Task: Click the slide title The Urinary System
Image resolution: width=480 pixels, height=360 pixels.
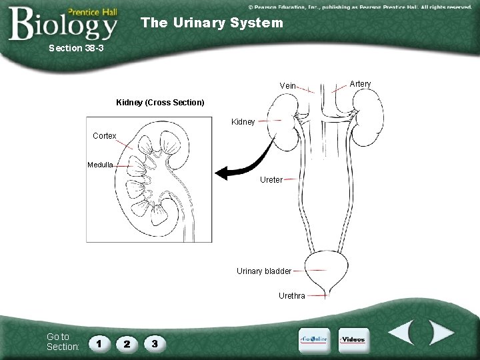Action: pos(212,23)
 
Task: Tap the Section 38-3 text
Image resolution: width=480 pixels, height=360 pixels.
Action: pos(76,48)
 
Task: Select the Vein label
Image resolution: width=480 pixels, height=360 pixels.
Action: pos(287,86)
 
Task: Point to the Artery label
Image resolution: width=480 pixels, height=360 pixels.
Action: pos(360,83)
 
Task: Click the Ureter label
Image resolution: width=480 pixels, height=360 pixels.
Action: pos(271,179)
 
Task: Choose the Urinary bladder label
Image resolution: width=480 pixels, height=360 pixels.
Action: pos(264,271)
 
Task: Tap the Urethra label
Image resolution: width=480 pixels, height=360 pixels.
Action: pos(292,295)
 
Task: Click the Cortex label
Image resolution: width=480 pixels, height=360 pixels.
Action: pos(105,136)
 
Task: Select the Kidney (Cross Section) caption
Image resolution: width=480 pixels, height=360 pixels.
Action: pos(160,103)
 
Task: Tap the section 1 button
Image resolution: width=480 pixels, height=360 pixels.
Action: pos(99,343)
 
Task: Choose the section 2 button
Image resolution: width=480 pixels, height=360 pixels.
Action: pos(126,343)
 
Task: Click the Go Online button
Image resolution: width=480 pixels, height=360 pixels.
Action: pos(313,339)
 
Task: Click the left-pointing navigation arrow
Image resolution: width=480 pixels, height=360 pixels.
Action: pos(403,333)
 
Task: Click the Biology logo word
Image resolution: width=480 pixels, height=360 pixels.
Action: pos(63,25)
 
